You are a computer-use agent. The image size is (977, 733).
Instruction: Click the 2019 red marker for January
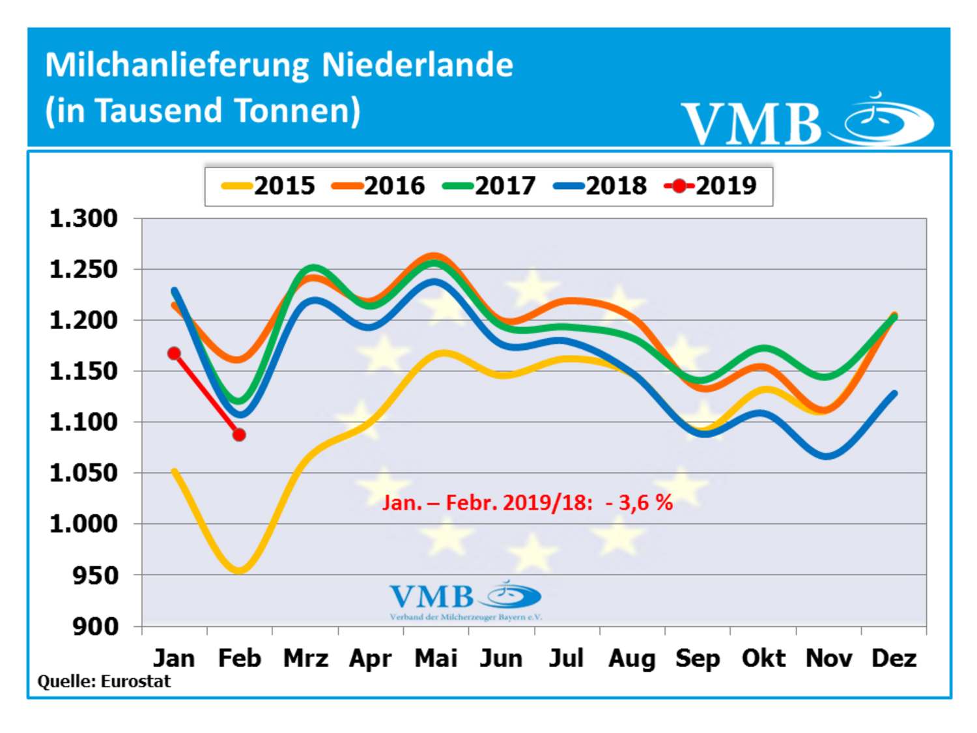tap(174, 353)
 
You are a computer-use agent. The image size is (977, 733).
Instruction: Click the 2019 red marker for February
tap(239, 435)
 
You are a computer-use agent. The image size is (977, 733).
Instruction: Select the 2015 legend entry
tap(268, 186)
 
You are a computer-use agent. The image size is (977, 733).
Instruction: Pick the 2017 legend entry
tap(489, 186)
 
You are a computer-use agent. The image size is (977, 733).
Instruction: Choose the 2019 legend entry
tap(711, 186)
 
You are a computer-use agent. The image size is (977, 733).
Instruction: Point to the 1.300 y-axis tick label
tap(83, 218)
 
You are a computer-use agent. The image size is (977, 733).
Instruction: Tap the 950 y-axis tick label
tap(95, 575)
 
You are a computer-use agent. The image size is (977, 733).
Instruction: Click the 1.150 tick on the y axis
tap(83, 371)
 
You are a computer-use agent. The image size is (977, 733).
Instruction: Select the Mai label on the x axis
tap(436, 658)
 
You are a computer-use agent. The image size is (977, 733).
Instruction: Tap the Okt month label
tap(763, 658)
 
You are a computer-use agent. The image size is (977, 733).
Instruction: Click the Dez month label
tap(894, 658)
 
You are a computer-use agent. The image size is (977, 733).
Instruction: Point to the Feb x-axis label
tap(239, 658)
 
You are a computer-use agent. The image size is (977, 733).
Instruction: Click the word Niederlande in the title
tap(418, 65)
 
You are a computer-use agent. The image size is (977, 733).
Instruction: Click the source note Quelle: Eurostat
tap(104, 682)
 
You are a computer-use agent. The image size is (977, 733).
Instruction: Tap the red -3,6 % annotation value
tap(639, 502)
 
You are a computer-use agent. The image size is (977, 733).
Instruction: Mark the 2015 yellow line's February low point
tap(240, 571)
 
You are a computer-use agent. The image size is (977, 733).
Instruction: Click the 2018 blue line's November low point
tap(827, 455)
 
